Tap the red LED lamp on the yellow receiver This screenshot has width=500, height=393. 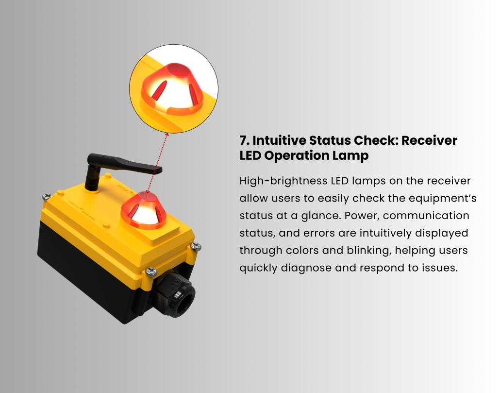click(x=144, y=210)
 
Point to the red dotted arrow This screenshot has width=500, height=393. click(x=157, y=163)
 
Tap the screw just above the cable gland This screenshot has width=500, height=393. click(x=151, y=272)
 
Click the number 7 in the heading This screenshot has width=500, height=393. click(x=244, y=140)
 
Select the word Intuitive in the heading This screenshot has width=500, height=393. click(x=278, y=140)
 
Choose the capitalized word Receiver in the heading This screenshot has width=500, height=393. click(x=429, y=140)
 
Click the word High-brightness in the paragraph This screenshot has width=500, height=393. click(x=283, y=181)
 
